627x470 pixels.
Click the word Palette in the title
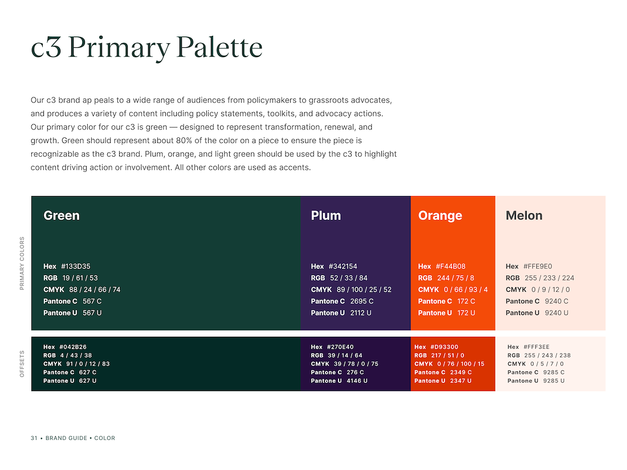coord(219,47)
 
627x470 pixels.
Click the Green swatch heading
coord(62,215)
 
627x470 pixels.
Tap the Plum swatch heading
coord(326,215)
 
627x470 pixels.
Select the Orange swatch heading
coord(440,216)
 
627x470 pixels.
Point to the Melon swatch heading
coord(524,215)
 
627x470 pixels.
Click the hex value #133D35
coord(76,266)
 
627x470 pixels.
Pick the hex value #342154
coord(343,266)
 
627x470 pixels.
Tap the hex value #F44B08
coord(451,266)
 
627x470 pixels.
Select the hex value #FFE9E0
coord(538,266)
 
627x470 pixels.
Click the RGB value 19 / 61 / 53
coord(80,278)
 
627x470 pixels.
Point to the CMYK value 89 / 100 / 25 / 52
coord(364,289)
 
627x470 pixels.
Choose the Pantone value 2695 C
coord(362,301)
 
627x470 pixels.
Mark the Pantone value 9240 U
coord(557,313)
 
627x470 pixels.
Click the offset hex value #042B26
coord(73,347)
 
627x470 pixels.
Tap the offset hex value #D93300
coord(444,347)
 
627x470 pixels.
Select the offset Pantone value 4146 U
coord(357,381)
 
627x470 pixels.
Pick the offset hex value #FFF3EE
coord(536,347)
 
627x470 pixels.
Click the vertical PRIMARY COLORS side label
coord(22,263)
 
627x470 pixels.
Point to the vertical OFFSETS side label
coord(22,363)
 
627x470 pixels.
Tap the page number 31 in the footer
coord(34,438)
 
